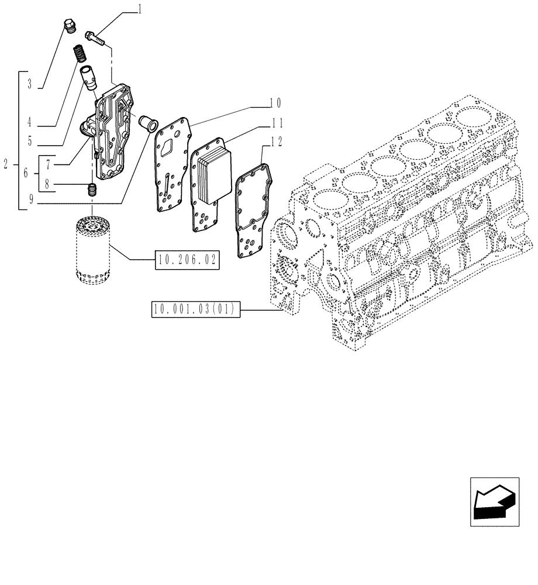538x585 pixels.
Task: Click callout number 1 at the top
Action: pyautogui.click(x=139, y=8)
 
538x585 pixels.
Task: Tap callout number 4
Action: pyautogui.click(x=29, y=123)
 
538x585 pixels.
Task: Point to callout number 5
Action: pyautogui.click(x=29, y=141)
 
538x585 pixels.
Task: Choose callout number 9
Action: pyautogui.click(x=29, y=205)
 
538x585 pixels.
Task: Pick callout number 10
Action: pyautogui.click(x=275, y=104)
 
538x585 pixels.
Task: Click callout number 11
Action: pyautogui.click(x=275, y=123)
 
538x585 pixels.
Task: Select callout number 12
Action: pyautogui.click(x=275, y=141)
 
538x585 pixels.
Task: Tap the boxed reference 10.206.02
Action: pyautogui.click(x=187, y=259)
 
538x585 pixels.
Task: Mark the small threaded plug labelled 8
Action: pyautogui.click(x=91, y=190)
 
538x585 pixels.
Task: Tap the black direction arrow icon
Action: pyautogui.click(x=494, y=501)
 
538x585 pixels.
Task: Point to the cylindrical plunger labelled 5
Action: pyautogui.click(x=91, y=78)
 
